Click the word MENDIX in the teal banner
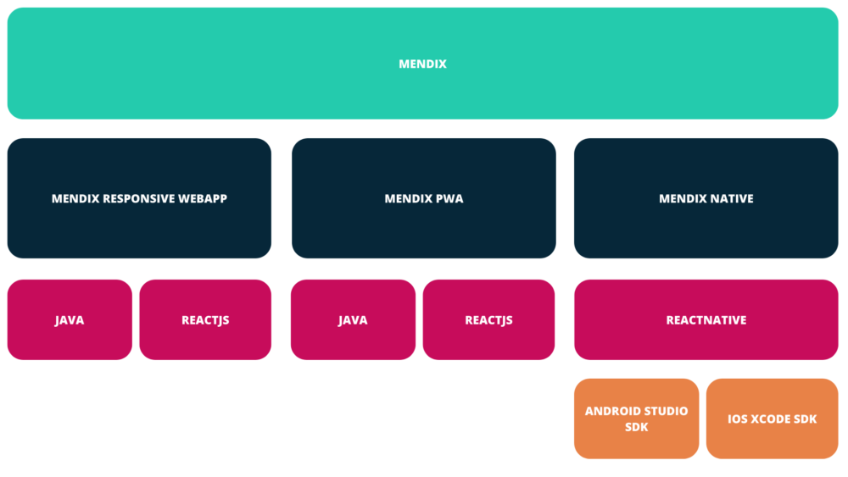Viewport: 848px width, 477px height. [x=422, y=64]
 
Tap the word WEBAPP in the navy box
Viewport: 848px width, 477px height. [x=203, y=199]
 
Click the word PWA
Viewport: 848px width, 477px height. [x=449, y=199]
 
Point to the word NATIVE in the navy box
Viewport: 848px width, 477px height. [x=730, y=199]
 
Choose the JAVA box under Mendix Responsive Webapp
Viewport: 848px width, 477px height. [x=70, y=320]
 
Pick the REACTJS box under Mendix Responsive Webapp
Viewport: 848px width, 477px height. [x=205, y=320]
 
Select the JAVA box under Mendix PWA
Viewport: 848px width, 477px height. [x=353, y=320]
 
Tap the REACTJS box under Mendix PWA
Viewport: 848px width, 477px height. [x=488, y=320]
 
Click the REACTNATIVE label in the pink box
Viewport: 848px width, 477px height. [x=706, y=320]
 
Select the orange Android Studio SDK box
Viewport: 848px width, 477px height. [x=636, y=419]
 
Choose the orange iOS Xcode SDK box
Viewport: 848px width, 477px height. [x=772, y=419]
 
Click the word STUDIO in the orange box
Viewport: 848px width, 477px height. [x=667, y=411]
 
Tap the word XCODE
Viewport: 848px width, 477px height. [x=769, y=419]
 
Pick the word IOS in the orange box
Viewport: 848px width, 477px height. [x=738, y=419]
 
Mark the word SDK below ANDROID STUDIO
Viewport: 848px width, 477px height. [x=636, y=427]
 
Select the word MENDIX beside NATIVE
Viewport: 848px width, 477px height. [x=683, y=199]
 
